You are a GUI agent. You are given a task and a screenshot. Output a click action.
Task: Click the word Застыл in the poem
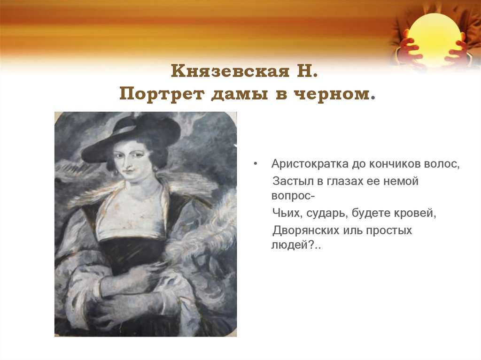coord(288,181)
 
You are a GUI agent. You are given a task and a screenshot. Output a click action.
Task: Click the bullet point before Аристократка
coord(256,165)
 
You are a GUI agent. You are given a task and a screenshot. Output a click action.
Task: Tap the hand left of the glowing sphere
coord(408,52)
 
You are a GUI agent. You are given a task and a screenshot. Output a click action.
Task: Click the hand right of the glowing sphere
coord(458,52)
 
